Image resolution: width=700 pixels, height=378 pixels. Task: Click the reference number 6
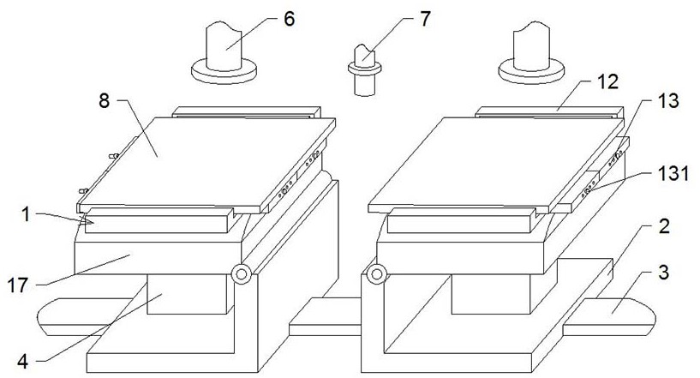click(x=290, y=19)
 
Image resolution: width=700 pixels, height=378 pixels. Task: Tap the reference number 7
click(x=425, y=19)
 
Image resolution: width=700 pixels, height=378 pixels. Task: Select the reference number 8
click(x=104, y=101)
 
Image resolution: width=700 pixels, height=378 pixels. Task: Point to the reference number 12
click(x=607, y=81)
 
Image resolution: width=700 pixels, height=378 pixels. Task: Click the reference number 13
click(x=667, y=101)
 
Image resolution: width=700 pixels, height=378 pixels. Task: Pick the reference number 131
click(x=673, y=173)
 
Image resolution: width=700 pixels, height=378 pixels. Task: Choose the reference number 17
click(x=18, y=285)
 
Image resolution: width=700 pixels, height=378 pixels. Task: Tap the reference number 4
click(x=23, y=361)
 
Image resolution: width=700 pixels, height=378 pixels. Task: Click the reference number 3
click(x=664, y=272)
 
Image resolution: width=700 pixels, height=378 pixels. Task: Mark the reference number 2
click(x=664, y=226)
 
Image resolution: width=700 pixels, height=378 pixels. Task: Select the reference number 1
click(x=26, y=214)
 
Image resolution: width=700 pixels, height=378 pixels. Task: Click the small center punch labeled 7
click(x=365, y=69)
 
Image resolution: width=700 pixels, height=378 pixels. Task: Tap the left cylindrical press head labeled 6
click(x=224, y=53)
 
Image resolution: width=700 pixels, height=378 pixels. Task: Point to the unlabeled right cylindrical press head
click(x=531, y=53)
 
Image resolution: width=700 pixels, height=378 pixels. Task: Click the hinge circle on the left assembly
click(x=242, y=274)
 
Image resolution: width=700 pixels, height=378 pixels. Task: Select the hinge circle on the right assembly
click(x=377, y=274)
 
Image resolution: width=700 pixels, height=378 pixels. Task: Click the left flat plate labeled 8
click(x=206, y=163)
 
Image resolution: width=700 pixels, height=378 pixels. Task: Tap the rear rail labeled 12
click(x=549, y=111)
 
